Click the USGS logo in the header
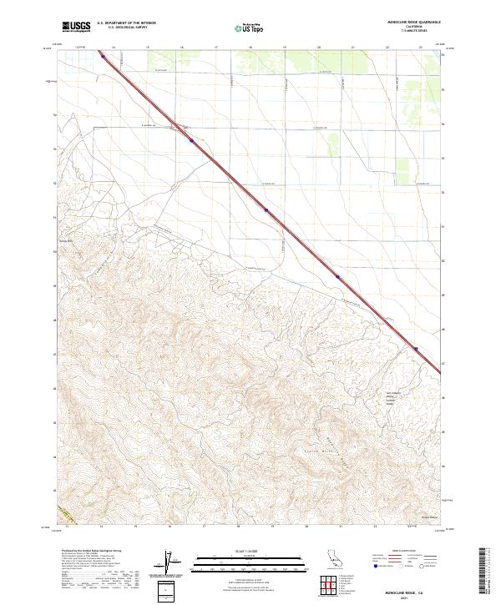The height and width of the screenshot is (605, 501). (75, 27)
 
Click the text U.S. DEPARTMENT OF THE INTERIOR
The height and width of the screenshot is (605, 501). (126, 23)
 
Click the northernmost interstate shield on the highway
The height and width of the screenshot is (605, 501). (103, 58)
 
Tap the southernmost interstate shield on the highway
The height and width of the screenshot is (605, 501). (415, 350)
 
